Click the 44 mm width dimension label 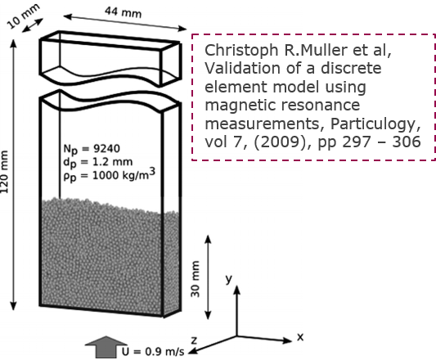click(x=124, y=12)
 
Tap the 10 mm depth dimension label click(x=24, y=16)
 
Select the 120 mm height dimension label click(x=4, y=172)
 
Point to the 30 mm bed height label click(x=196, y=279)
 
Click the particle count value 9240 click(x=106, y=149)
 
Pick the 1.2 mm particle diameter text click(x=113, y=162)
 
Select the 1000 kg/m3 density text click(x=124, y=174)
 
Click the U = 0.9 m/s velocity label click(x=153, y=352)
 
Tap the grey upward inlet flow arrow click(x=106, y=347)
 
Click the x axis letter click(x=300, y=337)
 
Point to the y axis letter click(x=229, y=278)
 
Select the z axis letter click(x=194, y=340)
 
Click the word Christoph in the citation click(x=241, y=51)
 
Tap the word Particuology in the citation click(x=375, y=124)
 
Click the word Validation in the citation click(x=242, y=68)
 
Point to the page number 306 click(x=407, y=142)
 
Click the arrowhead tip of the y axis click(x=237, y=286)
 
